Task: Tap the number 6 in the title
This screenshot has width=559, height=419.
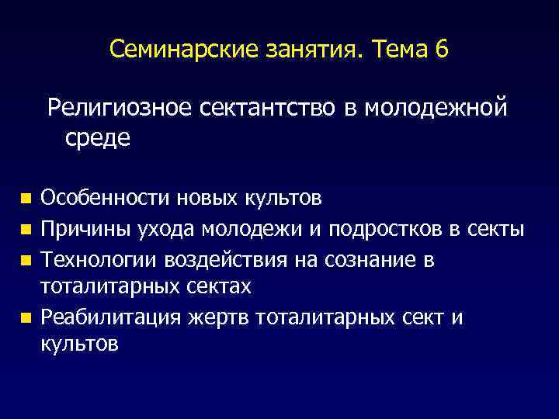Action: [442, 50]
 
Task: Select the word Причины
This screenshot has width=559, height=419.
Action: [86, 230]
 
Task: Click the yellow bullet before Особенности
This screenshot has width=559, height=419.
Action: [26, 199]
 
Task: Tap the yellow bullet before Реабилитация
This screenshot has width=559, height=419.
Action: [26, 317]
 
